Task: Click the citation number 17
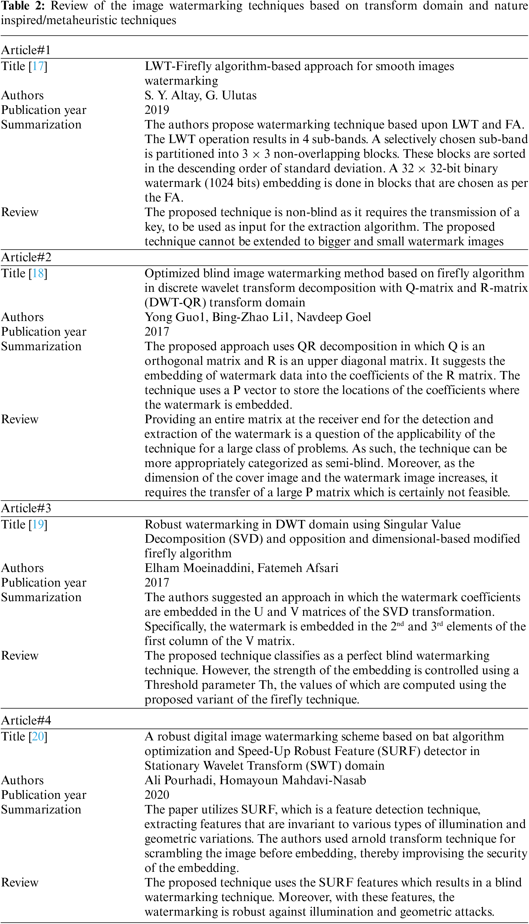(x=38, y=66)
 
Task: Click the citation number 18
(x=38, y=273)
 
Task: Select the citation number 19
(x=38, y=524)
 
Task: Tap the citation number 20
(x=38, y=736)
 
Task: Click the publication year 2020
(x=157, y=794)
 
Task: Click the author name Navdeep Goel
(x=334, y=317)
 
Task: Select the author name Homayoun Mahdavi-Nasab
(x=293, y=780)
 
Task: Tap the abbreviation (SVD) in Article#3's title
(x=246, y=539)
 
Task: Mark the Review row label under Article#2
(x=20, y=419)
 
